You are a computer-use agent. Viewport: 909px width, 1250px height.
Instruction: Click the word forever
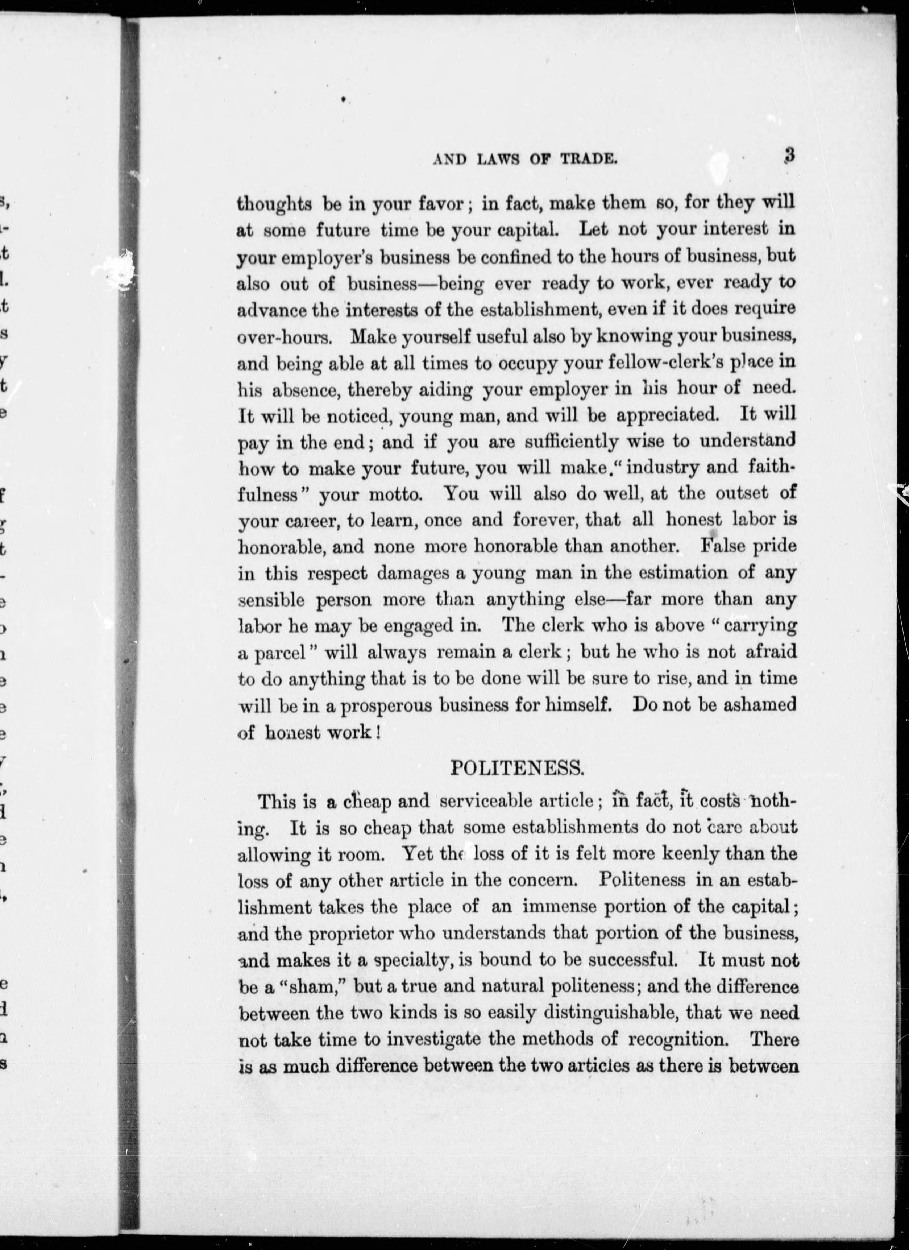[x=544, y=520]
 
